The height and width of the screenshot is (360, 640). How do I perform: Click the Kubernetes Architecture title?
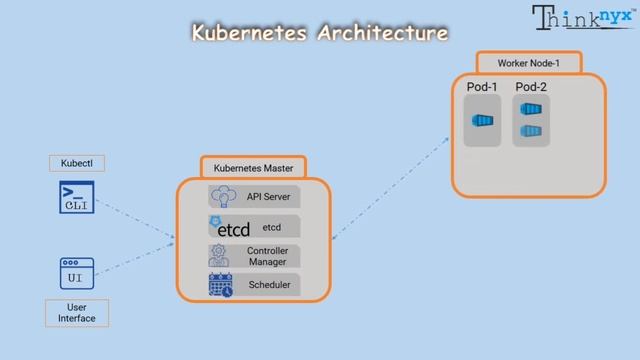(319, 33)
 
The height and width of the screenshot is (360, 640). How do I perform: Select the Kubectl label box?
(76, 163)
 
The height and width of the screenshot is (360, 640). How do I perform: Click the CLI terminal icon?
(76, 198)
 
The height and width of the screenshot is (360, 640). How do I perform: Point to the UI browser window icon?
(76, 273)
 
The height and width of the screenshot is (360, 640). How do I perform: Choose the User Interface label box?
(76, 312)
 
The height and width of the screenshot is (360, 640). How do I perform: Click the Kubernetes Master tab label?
(253, 167)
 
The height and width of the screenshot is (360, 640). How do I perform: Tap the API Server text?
(268, 197)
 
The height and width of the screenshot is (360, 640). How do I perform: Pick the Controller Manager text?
(267, 256)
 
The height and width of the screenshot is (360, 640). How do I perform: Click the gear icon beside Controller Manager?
(219, 255)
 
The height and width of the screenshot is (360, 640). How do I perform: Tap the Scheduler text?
(268, 286)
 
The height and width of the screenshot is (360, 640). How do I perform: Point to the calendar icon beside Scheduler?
(220, 286)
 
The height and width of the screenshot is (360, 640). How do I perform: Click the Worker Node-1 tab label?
(528, 63)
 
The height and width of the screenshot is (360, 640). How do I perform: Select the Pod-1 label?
(482, 88)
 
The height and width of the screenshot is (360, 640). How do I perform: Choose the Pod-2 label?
(531, 88)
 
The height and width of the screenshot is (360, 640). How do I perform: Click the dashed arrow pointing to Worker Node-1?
(390, 190)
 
